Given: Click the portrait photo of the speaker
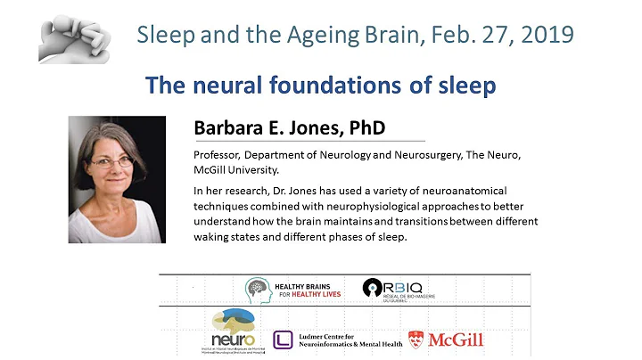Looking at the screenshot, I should coord(117,179).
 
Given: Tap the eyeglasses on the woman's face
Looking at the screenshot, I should coord(114,162).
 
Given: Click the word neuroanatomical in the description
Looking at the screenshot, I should coord(457,191).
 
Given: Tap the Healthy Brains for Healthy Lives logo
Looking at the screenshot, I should coord(293,289).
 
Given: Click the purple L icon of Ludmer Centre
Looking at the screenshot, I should coord(283,339).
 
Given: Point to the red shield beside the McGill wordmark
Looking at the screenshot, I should coord(416,339).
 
